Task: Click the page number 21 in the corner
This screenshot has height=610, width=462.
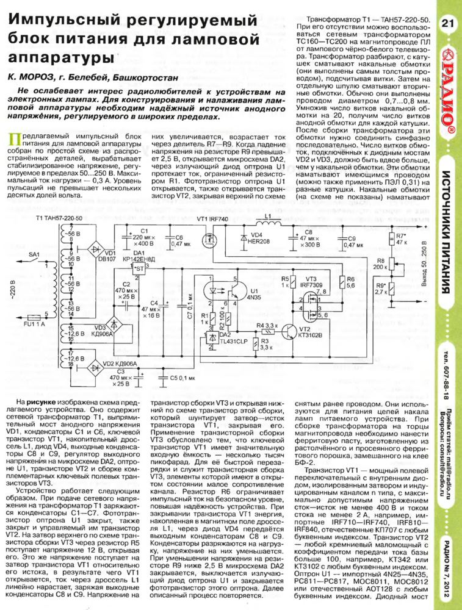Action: pyautogui.click(x=446, y=23)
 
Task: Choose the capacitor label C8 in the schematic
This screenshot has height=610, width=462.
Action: pyautogui.click(x=308, y=232)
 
